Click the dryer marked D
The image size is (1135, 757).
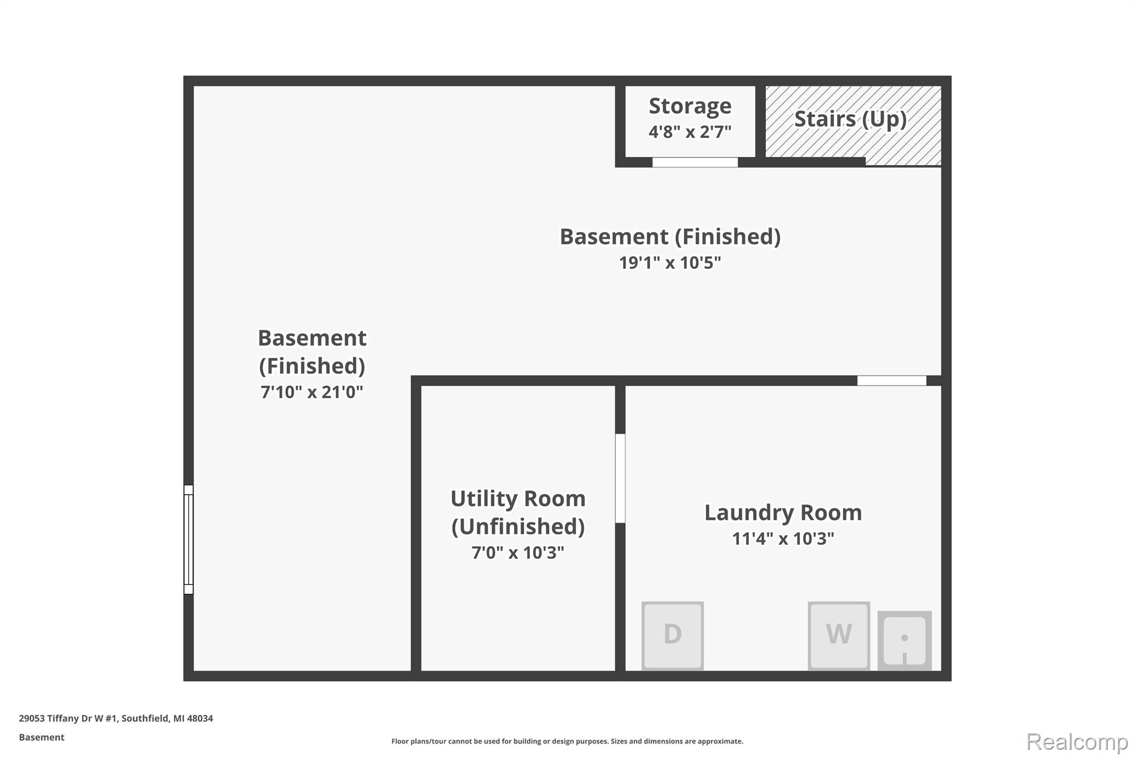pyautogui.click(x=672, y=636)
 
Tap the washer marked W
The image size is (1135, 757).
pyautogui.click(x=839, y=636)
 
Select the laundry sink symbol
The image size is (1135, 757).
pyautogui.click(x=904, y=641)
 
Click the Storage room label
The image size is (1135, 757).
pyautogui.click(x=690, y=105)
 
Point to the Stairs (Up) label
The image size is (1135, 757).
pyautogui.click(x=851, y=119)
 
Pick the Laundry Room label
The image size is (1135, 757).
pyautogui.click(x=783, y=512)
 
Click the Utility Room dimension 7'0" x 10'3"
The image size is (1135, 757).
pyautogui.click(x=518, y=552)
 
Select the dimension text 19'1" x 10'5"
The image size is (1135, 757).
pyautogui.click(x=670, y=262)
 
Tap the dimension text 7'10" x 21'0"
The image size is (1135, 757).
pyautogui.click(x=311, y=392)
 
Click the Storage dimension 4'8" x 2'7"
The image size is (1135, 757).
pyautogui.click(x=690, y=131)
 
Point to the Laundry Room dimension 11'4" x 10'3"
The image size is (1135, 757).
pyautogui.click(x=783, y=538)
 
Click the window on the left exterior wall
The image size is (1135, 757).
pyautogui.click(x=188, y=540)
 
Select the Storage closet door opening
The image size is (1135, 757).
pyautogui.click(x=695, y=162)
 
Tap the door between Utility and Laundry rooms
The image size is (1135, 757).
pyautogui.click(x=621, y=478)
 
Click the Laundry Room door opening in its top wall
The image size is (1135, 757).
pyautogui.click(x=892, y=380)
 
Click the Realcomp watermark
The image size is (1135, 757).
pyautogui.click(x=1077, y=741)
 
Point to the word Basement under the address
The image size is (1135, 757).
pyautogui.click(x=42, y=737)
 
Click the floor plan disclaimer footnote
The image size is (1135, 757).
pyautogui.click(x=567, y=741)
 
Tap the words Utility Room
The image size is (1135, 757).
pyautogui.click(x=518, y=499)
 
